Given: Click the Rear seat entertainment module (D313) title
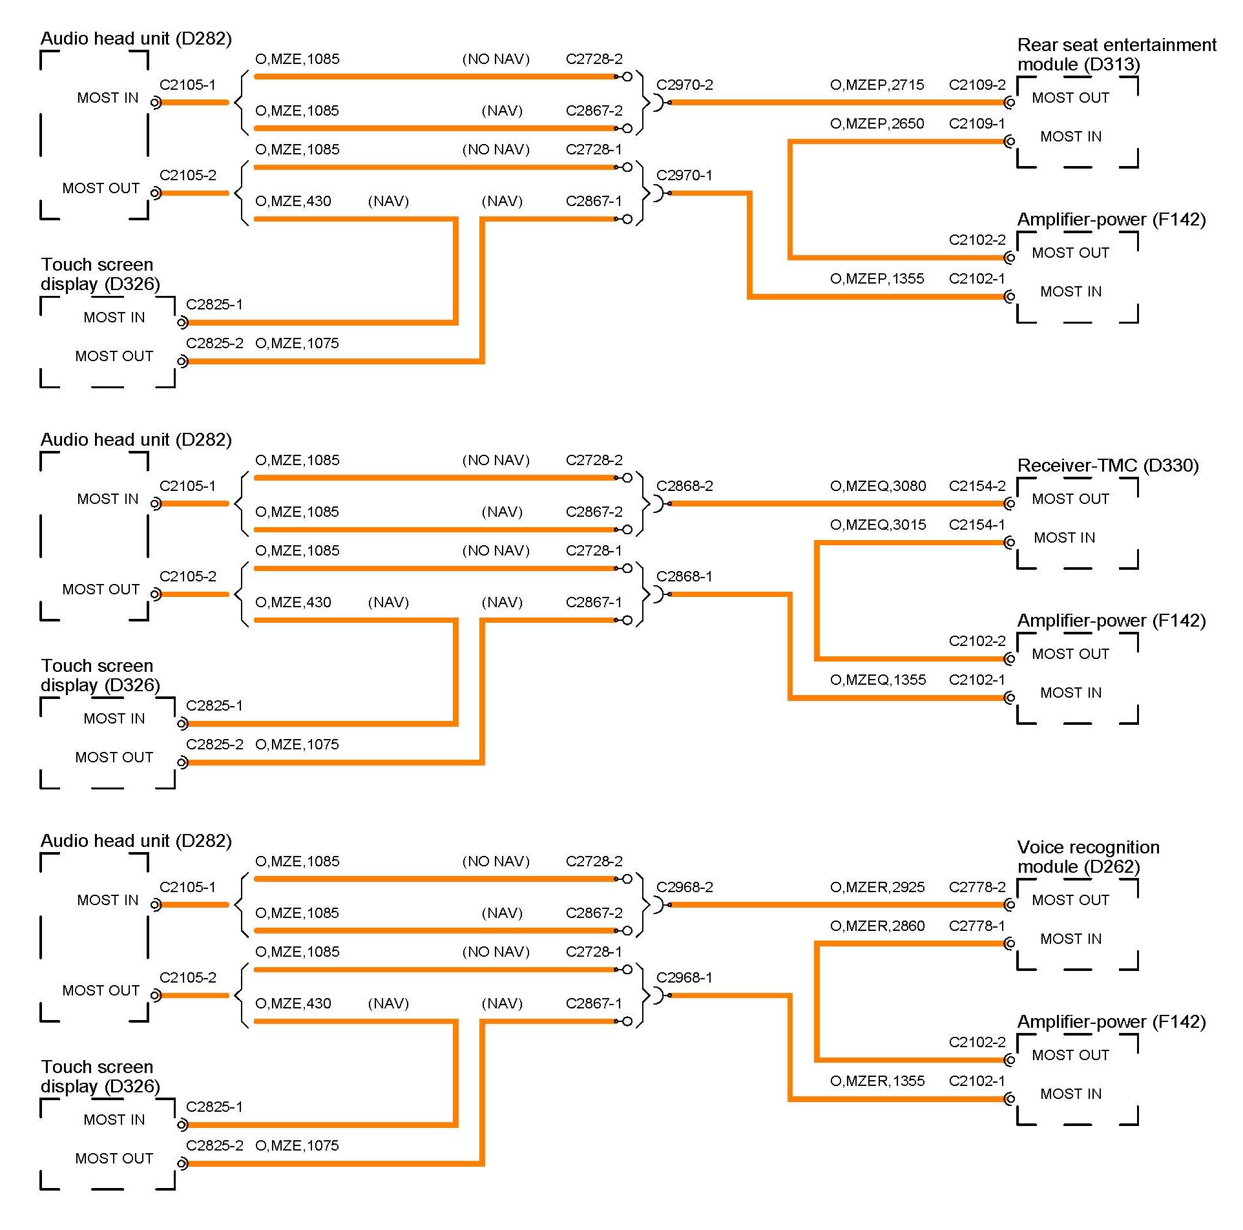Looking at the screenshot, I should [1116, 55].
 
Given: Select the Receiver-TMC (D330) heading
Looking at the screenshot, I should [1107, 466].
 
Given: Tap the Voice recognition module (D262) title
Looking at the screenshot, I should [1088, 857].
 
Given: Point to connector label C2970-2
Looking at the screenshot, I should [684, 85].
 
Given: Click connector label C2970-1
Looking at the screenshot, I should [684, 176].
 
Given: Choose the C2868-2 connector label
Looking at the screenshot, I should [684, 486].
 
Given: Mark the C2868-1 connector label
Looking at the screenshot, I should [684, 577].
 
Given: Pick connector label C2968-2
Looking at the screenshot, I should [684, 888].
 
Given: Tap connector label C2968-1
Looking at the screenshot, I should [684, 978].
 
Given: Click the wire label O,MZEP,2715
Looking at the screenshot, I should [877, 85].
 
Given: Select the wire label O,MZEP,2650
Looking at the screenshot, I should [877, 124].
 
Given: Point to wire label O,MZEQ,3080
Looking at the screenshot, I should [877, 486].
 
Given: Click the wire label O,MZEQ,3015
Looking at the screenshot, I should [877, 525].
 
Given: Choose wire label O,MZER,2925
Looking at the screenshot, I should [877, 888].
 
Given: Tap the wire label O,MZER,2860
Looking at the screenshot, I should [877, 926].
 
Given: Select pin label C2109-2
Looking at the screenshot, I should [977, 85].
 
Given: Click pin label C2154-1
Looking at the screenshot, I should [977, 525].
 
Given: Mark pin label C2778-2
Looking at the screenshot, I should [977, 888].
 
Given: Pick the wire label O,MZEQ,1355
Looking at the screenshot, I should [877, 680].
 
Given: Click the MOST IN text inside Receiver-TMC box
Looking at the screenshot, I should [1064, 538].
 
